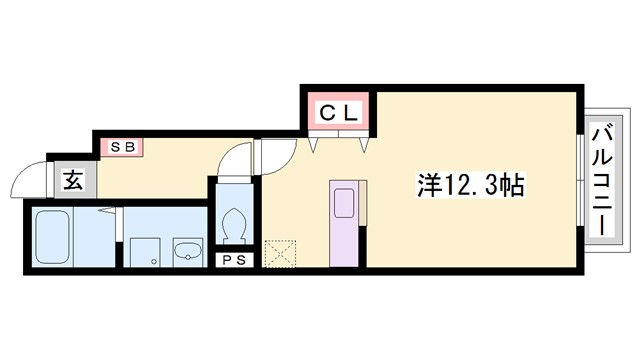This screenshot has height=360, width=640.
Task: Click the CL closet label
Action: (x=338, y=113)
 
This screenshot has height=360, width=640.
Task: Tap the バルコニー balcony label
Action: (x=603, y=180)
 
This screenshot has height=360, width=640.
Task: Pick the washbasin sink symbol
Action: (x=186, y=251)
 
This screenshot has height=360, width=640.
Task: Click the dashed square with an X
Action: (x=280, y=253)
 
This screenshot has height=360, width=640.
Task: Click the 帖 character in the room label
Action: (x=514, y=186)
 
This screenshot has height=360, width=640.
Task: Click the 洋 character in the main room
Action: (x=428, y=186)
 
